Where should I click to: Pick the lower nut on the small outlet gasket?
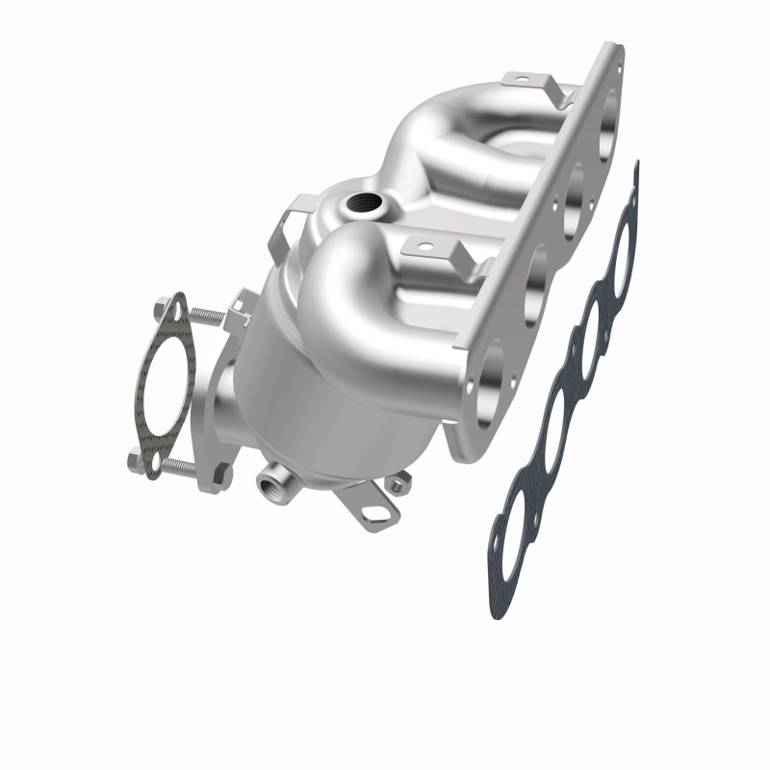136,462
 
